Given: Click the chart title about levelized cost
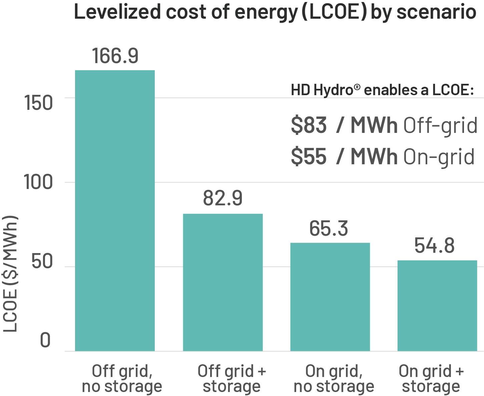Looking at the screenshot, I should point(275,12).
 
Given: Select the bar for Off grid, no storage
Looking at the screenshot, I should point(115,210).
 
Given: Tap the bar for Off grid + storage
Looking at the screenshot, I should point(222,282).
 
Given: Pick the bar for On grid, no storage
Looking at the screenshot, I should point(330,296).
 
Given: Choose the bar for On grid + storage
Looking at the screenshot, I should point(437,306).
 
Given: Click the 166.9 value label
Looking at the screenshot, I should point(115,56).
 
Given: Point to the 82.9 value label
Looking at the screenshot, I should point(222,198).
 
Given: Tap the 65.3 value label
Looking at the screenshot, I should point(329,228).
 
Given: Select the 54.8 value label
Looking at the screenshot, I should point(434,246).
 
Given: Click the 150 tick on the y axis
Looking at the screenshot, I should point(39,102).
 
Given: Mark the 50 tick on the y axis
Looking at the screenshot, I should point(42,262).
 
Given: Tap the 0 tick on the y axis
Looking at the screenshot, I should point(45,341).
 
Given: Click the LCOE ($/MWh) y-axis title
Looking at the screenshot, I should point(10,274).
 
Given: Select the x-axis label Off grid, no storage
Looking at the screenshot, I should point(122,379).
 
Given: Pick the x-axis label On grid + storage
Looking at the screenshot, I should point(431,379).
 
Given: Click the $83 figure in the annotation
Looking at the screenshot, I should point(309,125).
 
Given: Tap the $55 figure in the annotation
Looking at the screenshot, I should point(309,156).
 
